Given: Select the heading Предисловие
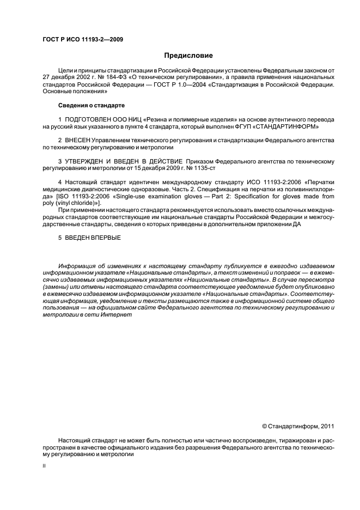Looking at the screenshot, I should click(x=189, y=56).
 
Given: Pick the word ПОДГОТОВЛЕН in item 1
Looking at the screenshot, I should click(x=86, y=119).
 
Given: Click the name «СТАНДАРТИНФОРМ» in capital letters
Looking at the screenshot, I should click(x=292, y=126).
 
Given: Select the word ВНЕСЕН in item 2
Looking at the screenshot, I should click(x=79, y=140).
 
